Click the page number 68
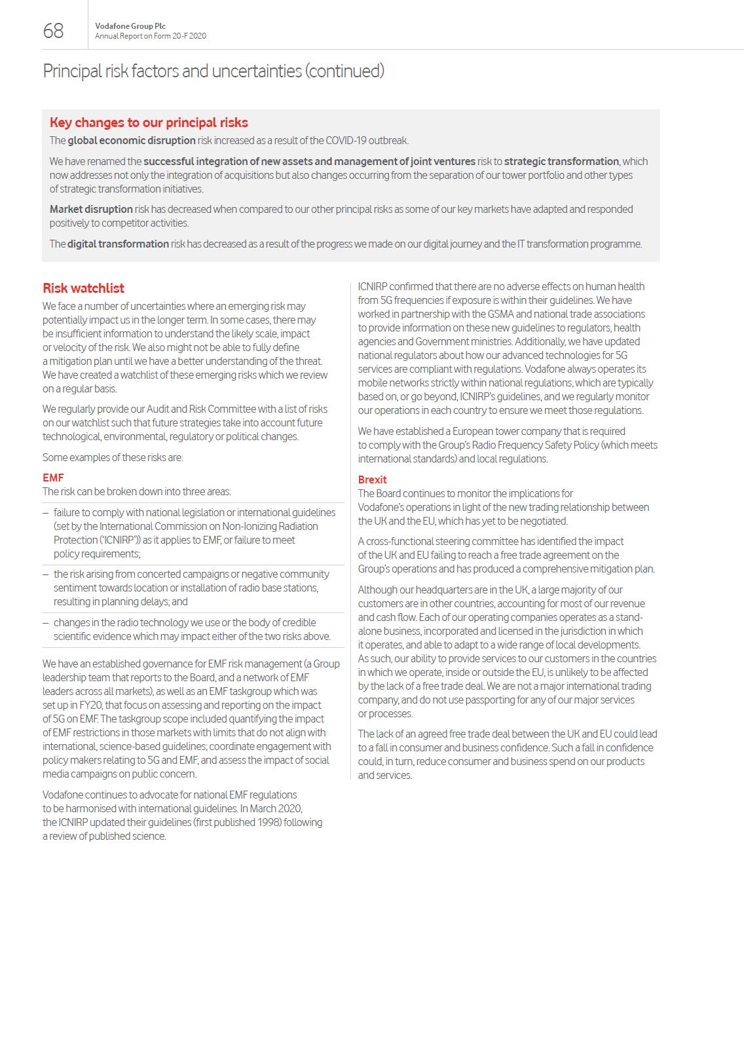tap(53, 31)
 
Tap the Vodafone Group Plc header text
tap(130, 26)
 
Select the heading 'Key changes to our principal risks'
tap(149, 122)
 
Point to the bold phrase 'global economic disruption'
tap(132, 141)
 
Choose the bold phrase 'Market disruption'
tap(91, 210)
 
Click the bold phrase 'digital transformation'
tap(118, 244)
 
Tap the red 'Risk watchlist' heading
tap(83, 288)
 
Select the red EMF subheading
tap(53, 478)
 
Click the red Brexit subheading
tap(372, 479)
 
